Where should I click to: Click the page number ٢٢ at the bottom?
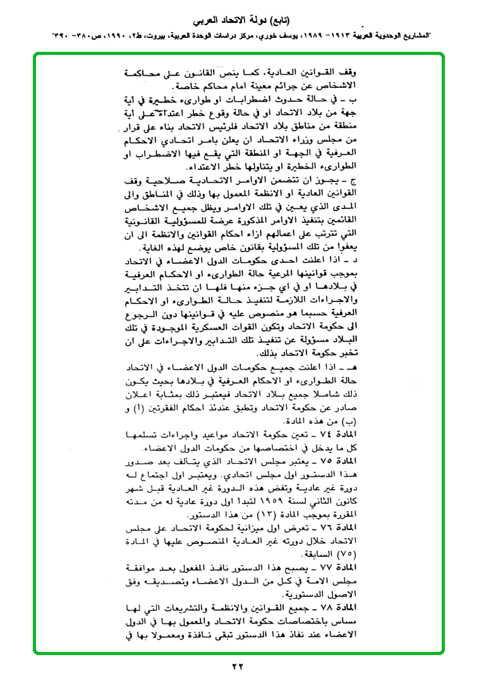[x=238, y=666]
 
